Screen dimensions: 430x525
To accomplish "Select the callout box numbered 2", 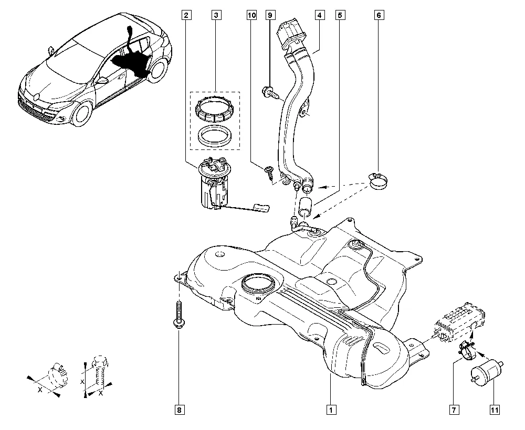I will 186,16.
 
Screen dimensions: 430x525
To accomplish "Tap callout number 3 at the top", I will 215,16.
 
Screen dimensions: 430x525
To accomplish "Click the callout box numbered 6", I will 378,16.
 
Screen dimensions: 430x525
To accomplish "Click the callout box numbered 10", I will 251,16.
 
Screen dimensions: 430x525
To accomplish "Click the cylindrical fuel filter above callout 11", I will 486,372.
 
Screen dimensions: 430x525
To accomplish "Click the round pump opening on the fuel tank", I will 258,286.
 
